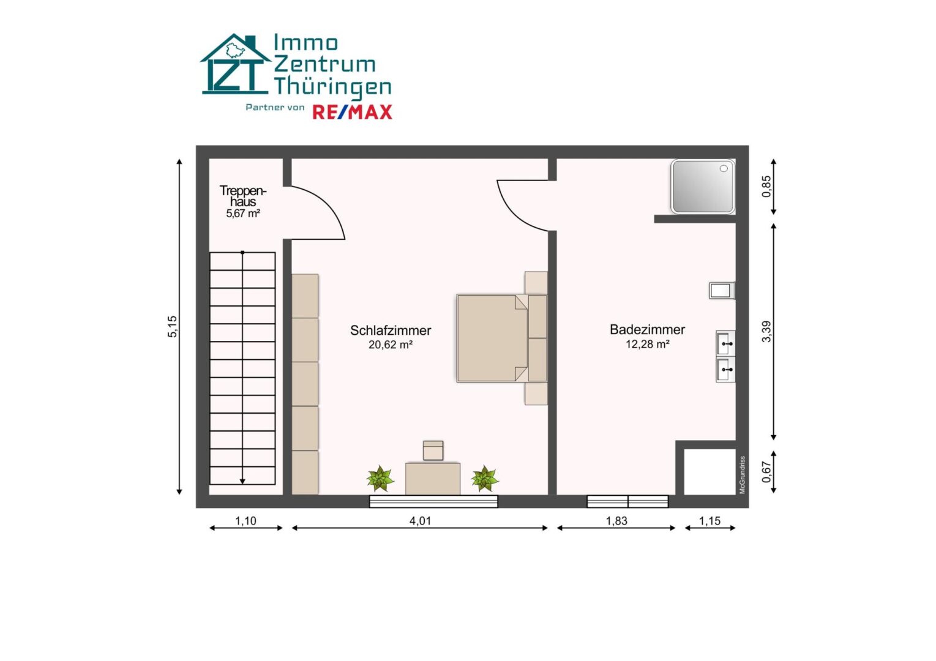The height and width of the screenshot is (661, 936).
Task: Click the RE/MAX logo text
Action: [352, 112]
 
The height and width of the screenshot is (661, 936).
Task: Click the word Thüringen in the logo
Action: [332, 86]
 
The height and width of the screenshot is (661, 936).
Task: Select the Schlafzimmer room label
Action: [391, 330]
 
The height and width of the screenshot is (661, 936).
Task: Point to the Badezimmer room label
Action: [647, 330]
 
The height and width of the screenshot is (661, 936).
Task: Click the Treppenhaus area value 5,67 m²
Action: [243, 214]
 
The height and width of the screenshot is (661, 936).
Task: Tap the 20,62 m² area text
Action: [391, 345]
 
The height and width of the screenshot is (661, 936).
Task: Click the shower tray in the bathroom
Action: [703, 186]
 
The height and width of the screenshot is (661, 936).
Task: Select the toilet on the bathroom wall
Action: [722, 290]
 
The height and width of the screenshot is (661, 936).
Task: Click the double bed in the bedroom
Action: [501, 338]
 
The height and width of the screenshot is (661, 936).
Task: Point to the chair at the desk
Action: [433, 450]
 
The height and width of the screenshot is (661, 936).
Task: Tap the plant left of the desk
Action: [380, 479]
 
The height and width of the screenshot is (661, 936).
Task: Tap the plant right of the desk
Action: [485, 479]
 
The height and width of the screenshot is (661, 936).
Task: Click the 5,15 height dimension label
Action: [173, 327]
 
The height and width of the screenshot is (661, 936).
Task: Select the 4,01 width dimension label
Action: [420, 521]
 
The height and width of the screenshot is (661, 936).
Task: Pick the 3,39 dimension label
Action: [766, 332]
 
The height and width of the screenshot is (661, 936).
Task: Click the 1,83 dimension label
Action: [616, 521]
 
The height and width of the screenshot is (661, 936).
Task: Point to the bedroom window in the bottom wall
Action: [433, 501]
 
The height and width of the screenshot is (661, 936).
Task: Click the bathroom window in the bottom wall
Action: [627, 501]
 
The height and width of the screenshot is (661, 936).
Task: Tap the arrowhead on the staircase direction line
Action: [242, 482]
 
